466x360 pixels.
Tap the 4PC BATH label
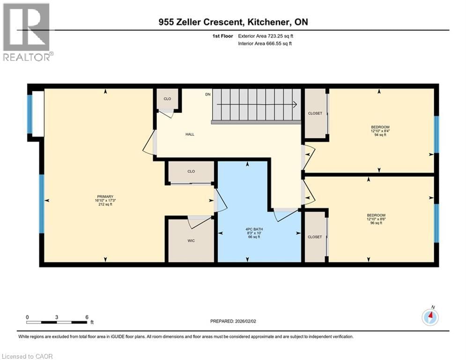[x=252, y=229]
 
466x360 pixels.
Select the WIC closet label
[x=191, y=240]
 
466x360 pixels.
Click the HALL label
[x=190, y=134]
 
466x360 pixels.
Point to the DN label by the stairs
[x=208, y=94]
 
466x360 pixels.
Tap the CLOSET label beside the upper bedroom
[x=315, y=113]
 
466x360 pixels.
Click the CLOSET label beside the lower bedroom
[x=315, y=237]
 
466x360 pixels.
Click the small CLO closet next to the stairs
[x=167, y=99]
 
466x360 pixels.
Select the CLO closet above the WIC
[x=191, y=172]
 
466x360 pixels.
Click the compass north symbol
[x=429, y=317]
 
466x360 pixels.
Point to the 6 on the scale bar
[x=87, y=317]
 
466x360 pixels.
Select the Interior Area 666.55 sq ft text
[x=265, y=44]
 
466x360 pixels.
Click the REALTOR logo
[x=27, y=32]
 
